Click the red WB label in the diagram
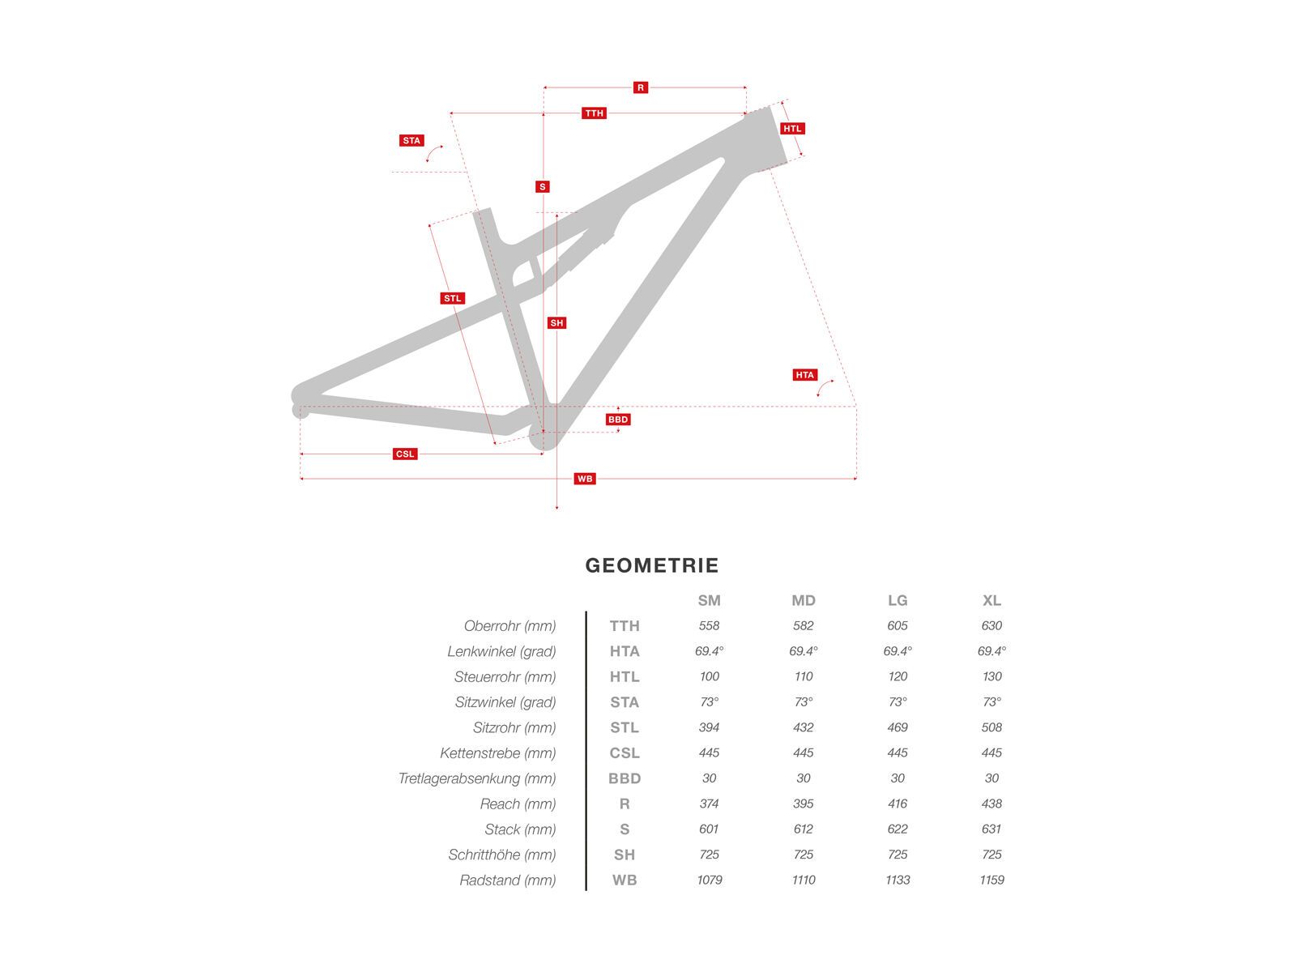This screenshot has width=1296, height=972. (585, 479)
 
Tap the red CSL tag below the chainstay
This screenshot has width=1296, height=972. (405, 454)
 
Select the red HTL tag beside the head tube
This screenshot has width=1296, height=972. (792, 129)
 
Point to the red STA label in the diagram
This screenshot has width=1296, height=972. (411, 141)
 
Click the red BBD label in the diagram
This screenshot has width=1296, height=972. (618, 420)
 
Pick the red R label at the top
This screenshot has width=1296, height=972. (641, 87)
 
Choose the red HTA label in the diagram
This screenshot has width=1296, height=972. (804, 375)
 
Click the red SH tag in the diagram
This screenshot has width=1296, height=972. (556, 323)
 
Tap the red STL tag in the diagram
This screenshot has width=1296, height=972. (452, 298)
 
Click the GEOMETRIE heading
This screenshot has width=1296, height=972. (652, 565)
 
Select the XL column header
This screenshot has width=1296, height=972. (991, 600)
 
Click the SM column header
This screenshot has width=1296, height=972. (709, 600)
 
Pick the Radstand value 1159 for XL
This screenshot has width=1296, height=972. (991, 880)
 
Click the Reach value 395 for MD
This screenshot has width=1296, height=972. (804, 804)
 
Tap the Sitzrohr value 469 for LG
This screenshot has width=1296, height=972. (897, 727)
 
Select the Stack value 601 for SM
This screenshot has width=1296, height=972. (709, 829)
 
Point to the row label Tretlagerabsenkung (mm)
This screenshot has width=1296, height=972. (477, 778)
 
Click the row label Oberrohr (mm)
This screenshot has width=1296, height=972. (510, 625)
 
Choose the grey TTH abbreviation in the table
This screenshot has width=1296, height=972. (625, 625)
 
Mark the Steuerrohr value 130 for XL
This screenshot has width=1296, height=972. (991, 676)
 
